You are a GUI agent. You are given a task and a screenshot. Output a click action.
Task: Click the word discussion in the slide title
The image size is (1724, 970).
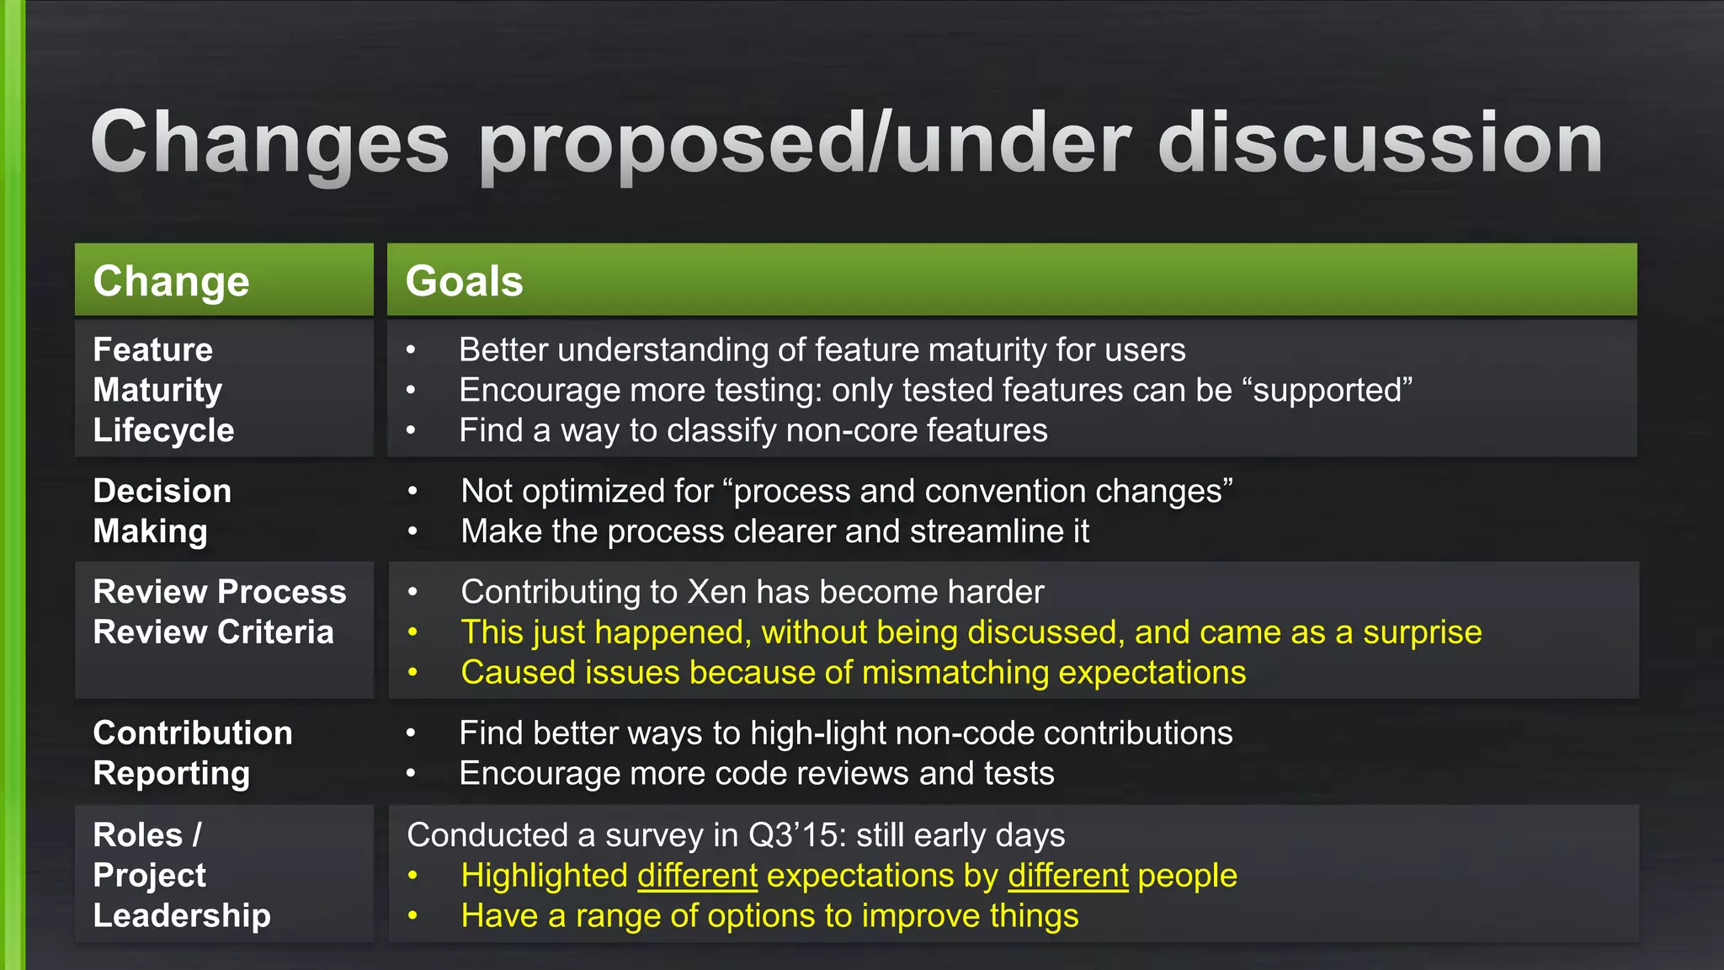point(1381,143)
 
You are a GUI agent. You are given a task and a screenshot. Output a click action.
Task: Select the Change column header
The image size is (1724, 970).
point(171,281)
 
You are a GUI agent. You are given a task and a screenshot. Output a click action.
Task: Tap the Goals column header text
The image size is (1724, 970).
point(464,281)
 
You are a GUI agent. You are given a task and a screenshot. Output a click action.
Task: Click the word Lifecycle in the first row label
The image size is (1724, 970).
point(163,430)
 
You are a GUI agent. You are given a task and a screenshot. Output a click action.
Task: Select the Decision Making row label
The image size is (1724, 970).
point(161,511)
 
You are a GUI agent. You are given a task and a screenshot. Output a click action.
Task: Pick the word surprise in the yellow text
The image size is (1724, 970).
point(1422,632)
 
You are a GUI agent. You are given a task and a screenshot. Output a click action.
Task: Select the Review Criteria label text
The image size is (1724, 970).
point(213,632)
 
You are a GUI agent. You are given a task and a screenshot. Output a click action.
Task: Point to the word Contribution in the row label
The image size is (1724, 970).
point(193,733)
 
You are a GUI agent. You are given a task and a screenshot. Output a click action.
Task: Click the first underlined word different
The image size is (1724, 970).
point(697,876)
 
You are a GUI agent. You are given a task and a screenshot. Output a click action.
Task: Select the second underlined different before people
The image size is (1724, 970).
point(1067,876)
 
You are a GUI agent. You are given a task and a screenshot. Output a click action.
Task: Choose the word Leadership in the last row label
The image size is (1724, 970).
point(182,915)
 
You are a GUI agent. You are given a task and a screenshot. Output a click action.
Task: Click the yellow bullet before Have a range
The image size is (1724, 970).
point(412,915)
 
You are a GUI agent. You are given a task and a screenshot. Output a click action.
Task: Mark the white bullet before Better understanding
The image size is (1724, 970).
point(411,349)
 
